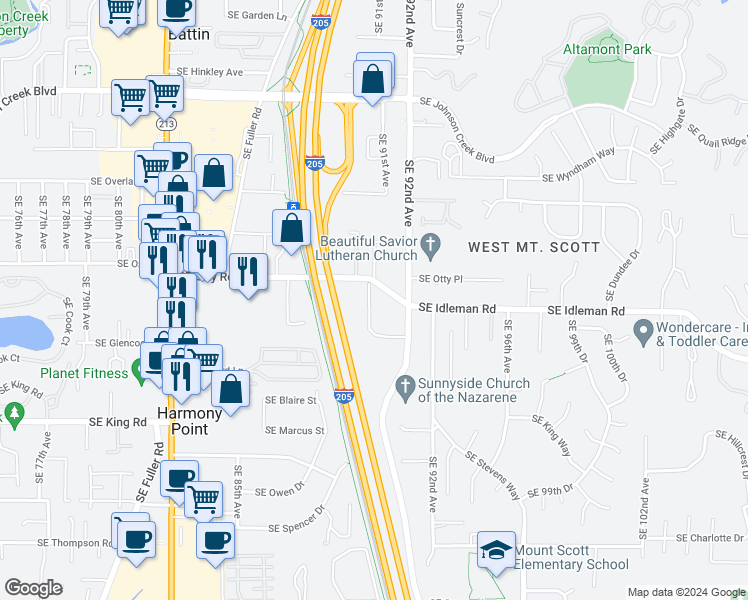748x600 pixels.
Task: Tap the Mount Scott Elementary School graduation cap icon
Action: [x=496, y=551]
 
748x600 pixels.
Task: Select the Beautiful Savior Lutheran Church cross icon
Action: [x=431, y=243]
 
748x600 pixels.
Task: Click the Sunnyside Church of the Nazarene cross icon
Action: [x=405, y=384]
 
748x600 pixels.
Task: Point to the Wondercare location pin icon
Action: [x=643, y=329]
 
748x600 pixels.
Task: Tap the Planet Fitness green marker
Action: [x=137, y=374]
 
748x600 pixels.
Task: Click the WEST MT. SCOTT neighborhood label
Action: [x=535, y=247]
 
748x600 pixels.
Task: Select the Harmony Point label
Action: [x=184, y=421]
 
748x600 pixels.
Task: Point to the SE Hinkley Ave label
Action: [x=210, y=72]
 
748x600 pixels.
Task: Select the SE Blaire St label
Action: [x=290, y=400]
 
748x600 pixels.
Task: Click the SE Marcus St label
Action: [x=295, y=431]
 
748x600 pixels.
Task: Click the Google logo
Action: [x=33, y=587]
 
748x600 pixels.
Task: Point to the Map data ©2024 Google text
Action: [x=685, y=592]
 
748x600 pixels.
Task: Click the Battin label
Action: [x=189, y=33]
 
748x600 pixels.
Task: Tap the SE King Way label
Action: [x=554, y=436]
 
